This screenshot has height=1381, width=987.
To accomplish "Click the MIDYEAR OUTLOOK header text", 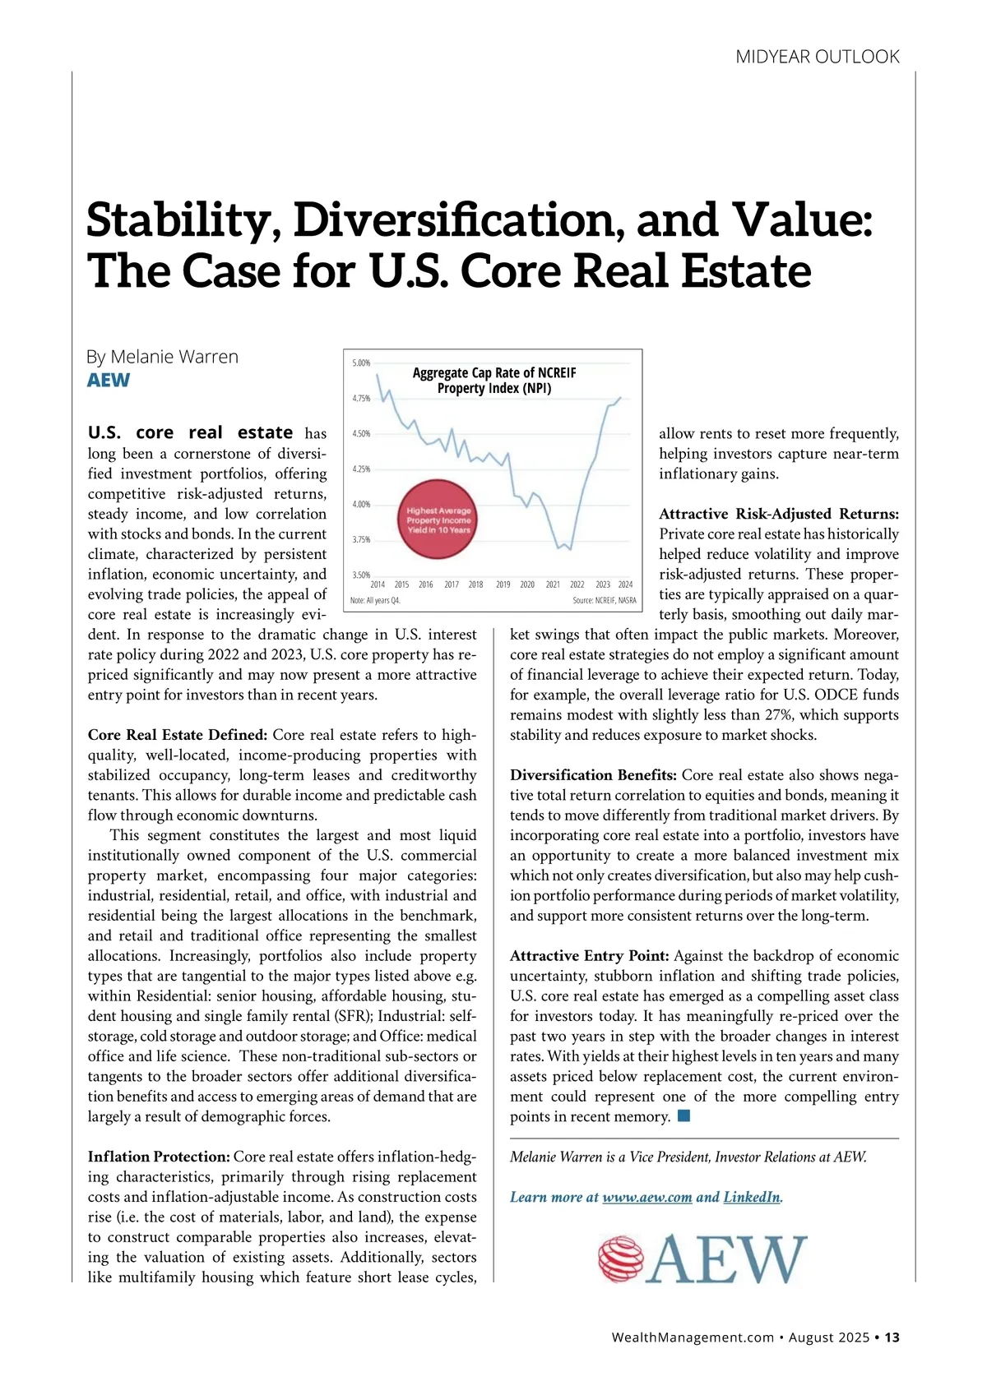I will coord(817,57).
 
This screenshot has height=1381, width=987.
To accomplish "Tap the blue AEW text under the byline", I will coord(109,380).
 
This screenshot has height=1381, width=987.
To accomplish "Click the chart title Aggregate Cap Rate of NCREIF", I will coord(493,372).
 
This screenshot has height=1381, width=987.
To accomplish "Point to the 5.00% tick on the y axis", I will coord(361,363).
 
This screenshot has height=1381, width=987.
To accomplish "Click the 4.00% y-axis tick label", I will coord(361,504).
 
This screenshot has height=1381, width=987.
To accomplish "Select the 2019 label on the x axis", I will coord(503,584).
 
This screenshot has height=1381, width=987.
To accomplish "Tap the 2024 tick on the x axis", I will coord(625,584).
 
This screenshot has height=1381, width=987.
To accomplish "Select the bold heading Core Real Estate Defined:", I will coord(178,735).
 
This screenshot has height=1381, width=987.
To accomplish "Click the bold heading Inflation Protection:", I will coord(159,1157).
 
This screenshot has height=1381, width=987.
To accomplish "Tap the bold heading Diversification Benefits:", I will coord(593,775).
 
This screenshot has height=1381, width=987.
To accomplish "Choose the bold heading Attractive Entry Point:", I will coord(589,956).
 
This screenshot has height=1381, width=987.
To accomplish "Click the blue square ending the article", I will coord(683,1116).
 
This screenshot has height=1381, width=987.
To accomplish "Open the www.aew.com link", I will coord(646,1197).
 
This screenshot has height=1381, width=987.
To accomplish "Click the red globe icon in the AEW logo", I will coord(619,1259).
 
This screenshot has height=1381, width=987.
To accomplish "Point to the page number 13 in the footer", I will coord(892,1337).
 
